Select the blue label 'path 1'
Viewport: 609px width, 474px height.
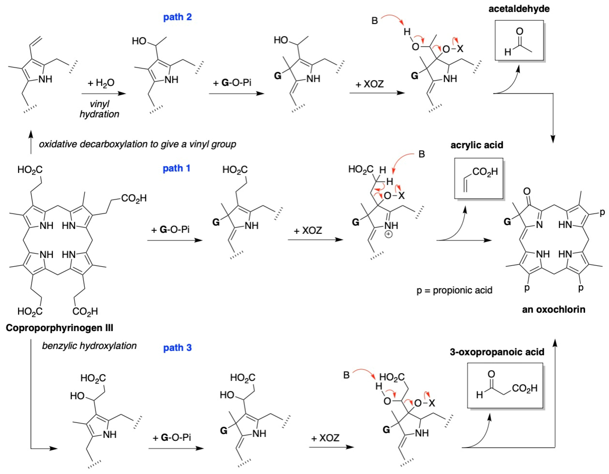176,168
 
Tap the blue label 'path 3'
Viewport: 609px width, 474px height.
177,348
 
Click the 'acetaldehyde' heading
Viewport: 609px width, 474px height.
519,9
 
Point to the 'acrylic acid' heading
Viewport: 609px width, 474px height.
477,145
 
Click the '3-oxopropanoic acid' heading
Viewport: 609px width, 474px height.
497,352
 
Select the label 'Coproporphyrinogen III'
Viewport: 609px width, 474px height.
59,327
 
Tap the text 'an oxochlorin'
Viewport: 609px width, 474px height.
554,309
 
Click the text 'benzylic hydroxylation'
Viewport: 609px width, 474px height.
89,346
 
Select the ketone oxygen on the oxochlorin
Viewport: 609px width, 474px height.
527,191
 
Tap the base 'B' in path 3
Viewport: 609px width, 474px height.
346,375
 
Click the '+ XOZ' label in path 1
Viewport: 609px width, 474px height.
308,230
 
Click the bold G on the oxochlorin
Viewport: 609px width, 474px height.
507,222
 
